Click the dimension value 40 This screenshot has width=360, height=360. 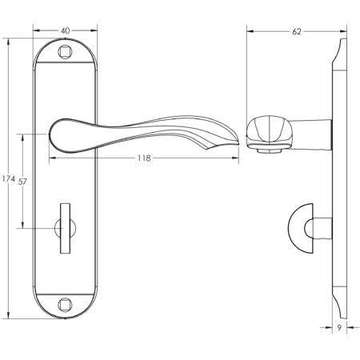[65, 31]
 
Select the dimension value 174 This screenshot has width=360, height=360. [8, 177]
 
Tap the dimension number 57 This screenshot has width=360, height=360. [23, 182]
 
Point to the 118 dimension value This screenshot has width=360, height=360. [144, 158]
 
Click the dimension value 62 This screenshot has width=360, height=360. [297, 31]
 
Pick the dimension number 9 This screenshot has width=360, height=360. [340, 328]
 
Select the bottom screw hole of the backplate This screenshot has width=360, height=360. [66, 305]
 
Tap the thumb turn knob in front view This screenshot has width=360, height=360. [66, 230]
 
